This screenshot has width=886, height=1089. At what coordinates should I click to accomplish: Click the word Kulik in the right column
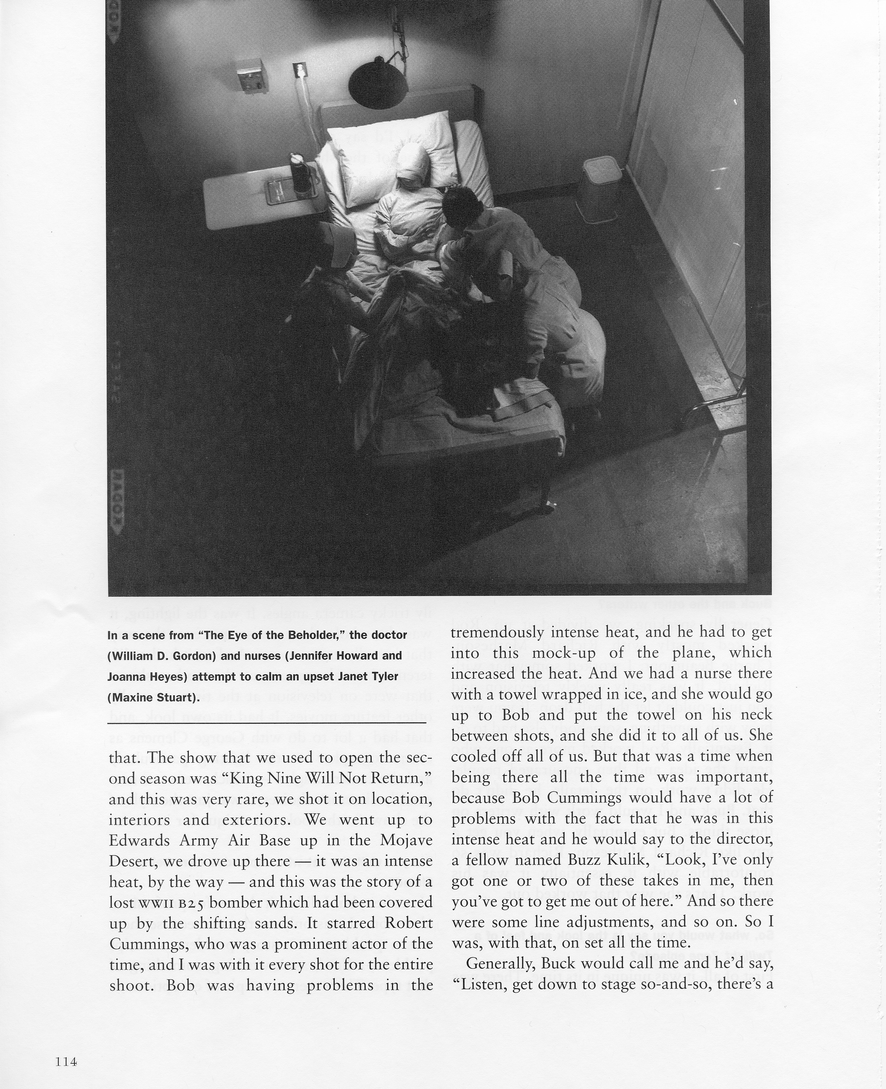tap(629, 860)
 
